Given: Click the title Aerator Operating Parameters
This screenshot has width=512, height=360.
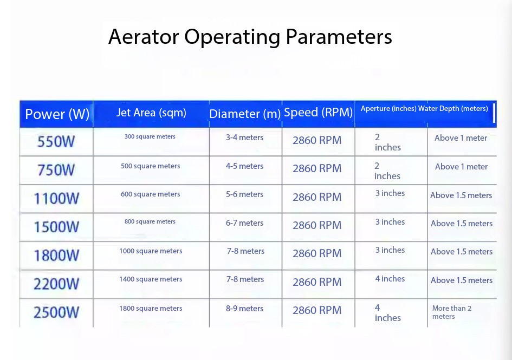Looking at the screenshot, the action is click(x=250, y=37).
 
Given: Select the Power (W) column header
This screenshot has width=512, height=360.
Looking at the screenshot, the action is click(x=57, y=114).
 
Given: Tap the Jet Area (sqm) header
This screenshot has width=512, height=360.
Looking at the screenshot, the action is click(x=151, y=113).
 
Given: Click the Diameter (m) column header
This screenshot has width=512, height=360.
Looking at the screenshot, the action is click(x=245, y=114).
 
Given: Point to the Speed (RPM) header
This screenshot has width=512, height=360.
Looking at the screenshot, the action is click(x=319, y=112).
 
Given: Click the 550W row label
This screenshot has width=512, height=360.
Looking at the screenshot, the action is click(x=56, y=142).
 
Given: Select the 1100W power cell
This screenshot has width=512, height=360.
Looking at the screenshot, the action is click(x=56, y=199).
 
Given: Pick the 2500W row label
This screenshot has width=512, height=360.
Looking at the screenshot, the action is click(x=56, y=312).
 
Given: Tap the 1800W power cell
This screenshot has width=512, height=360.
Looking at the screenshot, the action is click(x=56, y=255).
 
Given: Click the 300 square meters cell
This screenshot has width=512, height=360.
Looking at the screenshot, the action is click(x=150, y=137).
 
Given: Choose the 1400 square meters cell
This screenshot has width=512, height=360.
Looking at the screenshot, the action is click(x=151, y=279).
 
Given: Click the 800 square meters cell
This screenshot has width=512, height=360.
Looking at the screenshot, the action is click(x=150, y=221).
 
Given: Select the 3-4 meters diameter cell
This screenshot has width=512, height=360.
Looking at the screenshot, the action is click(x=244, y=138).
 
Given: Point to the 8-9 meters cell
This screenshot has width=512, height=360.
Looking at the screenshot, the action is click(x=244, y=309).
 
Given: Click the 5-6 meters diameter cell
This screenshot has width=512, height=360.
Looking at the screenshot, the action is click(x=244, y=194).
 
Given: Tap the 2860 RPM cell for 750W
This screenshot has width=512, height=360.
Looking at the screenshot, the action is click(x=317, y=168).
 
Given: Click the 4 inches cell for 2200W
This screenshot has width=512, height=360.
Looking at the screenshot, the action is click(x=390, y=279).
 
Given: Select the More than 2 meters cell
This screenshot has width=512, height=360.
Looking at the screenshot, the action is click(x=452, y=312).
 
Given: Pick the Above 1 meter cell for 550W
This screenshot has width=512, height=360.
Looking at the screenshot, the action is click(x=461, y=138).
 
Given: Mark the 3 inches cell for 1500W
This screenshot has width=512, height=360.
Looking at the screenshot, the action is click(x=390, y=222).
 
